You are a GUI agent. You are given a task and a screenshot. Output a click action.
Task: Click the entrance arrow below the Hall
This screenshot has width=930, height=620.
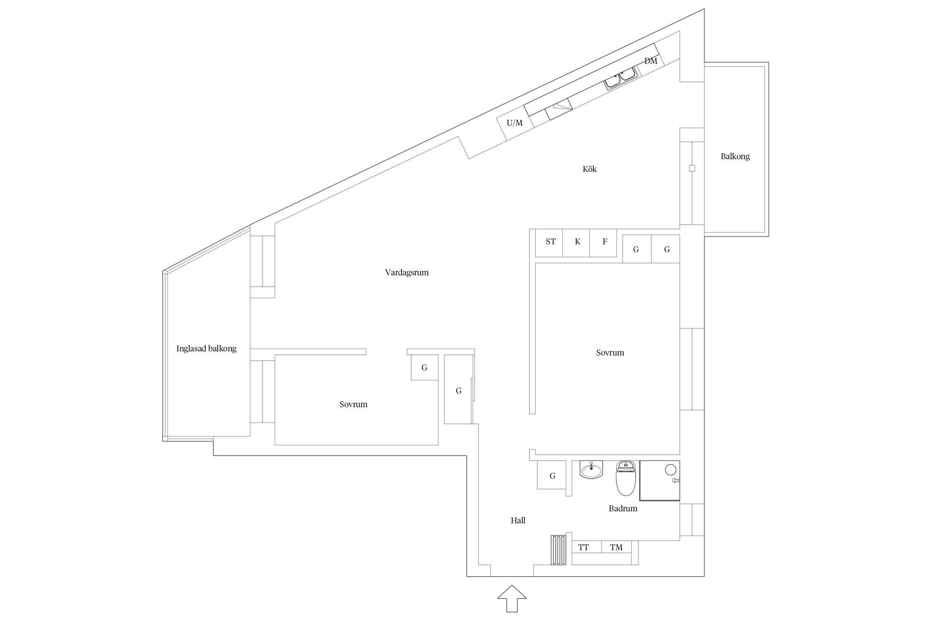coord(512,598)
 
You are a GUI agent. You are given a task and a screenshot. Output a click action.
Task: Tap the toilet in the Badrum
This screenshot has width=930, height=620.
coord(625,479)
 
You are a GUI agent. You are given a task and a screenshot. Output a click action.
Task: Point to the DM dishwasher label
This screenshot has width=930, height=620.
coord(651,61)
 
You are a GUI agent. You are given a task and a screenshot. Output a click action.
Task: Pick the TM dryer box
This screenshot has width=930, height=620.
coord(616,547)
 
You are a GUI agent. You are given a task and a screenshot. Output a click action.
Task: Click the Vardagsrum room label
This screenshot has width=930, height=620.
coord(407,272)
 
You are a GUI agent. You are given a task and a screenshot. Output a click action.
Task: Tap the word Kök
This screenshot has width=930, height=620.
coord(589,169)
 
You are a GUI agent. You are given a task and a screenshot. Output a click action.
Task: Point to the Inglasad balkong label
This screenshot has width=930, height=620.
coord(206,348)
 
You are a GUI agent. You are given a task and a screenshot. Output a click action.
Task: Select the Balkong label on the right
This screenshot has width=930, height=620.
coord(735,156)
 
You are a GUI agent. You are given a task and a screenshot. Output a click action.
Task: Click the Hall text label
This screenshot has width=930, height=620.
coord(518,521)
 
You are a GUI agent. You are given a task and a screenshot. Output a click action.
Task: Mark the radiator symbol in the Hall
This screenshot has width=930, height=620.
coord(558,550)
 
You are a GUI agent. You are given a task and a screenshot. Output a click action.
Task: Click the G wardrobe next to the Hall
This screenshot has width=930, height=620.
coord(552,475)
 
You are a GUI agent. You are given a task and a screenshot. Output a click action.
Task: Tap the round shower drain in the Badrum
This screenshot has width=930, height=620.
coord(670,469)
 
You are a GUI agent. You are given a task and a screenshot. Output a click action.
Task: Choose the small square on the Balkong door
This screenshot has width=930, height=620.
coord(692,169)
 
